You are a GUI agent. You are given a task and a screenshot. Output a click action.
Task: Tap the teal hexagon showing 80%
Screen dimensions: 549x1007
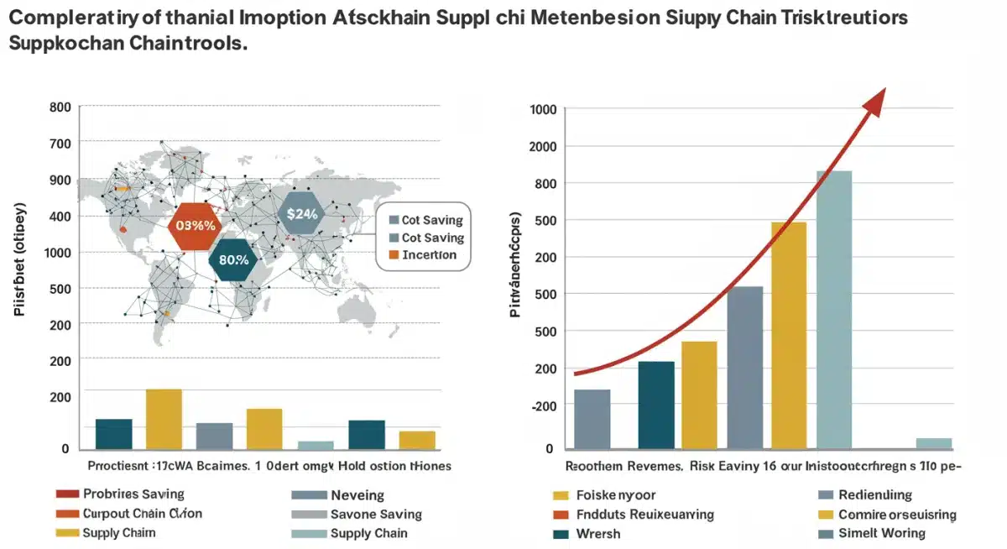(233, 259)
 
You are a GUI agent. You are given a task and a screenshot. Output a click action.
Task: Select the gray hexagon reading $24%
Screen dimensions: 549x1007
(302, 213)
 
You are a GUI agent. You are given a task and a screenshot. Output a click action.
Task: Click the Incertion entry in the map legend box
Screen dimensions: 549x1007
(429, 255)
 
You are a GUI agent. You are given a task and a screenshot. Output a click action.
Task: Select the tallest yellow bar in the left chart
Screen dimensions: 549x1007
(164, 419)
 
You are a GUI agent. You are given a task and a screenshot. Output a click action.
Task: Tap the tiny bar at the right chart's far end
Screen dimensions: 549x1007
(933, 443)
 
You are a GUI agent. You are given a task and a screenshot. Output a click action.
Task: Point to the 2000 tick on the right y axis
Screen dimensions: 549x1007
(545, 147)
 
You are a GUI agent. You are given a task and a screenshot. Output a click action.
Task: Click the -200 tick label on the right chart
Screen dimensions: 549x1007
(545, 405)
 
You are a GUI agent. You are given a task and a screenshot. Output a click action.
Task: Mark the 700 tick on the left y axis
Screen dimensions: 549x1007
(60, 144)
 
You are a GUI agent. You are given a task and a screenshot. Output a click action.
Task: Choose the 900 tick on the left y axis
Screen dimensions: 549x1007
(60, 180)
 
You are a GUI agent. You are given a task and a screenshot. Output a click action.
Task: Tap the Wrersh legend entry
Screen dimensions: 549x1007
(597, 533)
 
